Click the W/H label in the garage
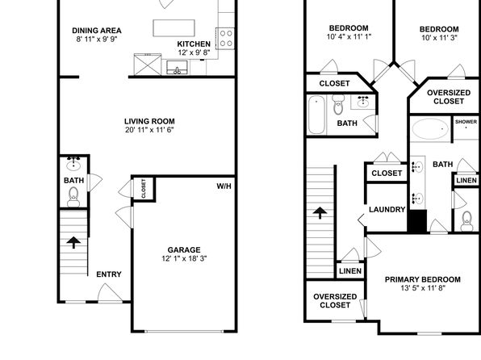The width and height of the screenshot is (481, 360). pyautogui.click(x=224, y=186)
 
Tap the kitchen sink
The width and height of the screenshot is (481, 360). pyautogui.click(x=177, y=68)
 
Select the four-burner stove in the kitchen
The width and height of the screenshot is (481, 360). pyautogui.click(x=225, y=39)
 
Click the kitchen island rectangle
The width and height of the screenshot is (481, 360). pyautogui.click(x=174, y=28)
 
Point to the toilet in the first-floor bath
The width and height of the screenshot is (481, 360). pyautogui.click(x=73, y=197)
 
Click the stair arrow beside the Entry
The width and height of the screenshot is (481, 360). pyautogui.click(x=73, y=242)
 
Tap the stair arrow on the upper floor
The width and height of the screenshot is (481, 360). pyautogui.click(x=320, y=212)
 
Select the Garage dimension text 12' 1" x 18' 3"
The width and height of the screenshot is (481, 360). pyautogui.click(x=184, y=258)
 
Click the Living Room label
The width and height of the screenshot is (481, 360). pyautogui.click(x=149, y=121)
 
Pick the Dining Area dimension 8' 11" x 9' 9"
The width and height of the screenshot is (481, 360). pyautogui.click(x=97, y=39)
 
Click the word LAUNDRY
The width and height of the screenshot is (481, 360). pyautogui.click(x=387, y=210)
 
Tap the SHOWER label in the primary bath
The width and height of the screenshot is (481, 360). pyautogui.click(x=466, y=122)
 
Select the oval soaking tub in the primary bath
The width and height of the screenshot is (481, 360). pyautogui.click(x=430, y=129)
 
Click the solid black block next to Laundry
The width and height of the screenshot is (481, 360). pyautogui.click(x=417, y=221)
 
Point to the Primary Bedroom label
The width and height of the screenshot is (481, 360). pyautogui.click(x=422, y=279)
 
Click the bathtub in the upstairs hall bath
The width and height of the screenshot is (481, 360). pyautogui.click(x=316, y=115)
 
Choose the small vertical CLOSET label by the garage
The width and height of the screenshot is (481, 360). pyautogui.click(x=144, y=189)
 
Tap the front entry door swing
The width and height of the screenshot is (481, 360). pyautogui.click(x=110, y=292)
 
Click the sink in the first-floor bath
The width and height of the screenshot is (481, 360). pyautogui.click(x=73, y=165)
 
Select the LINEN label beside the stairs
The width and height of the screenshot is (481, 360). pyautogui.click(x=350, y=271)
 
